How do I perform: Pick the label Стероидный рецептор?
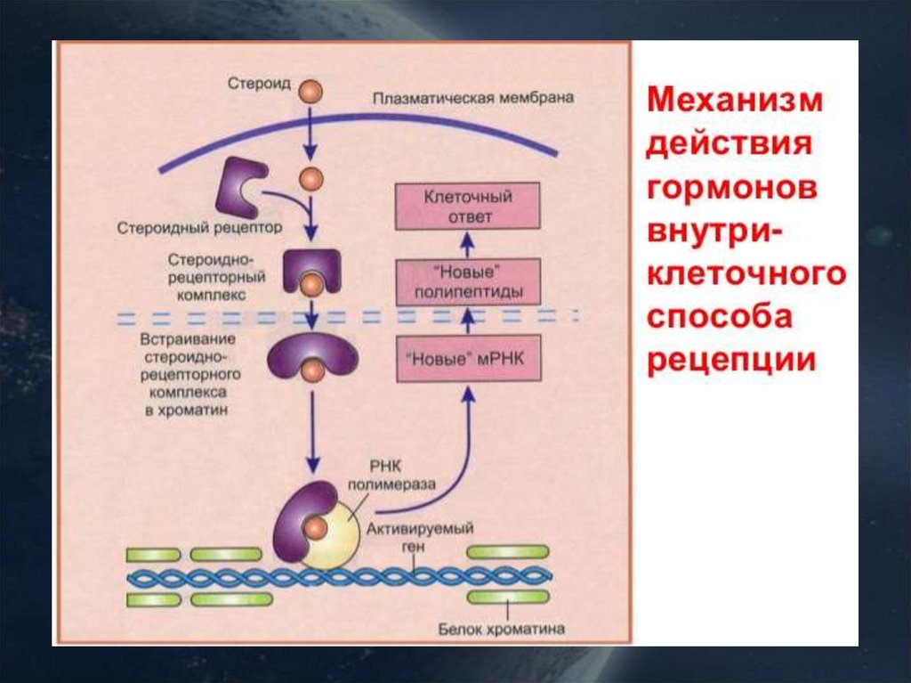[x=199, y=228]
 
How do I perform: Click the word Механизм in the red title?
[x=735, y=101]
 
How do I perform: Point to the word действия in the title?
[x=730, y=144]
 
